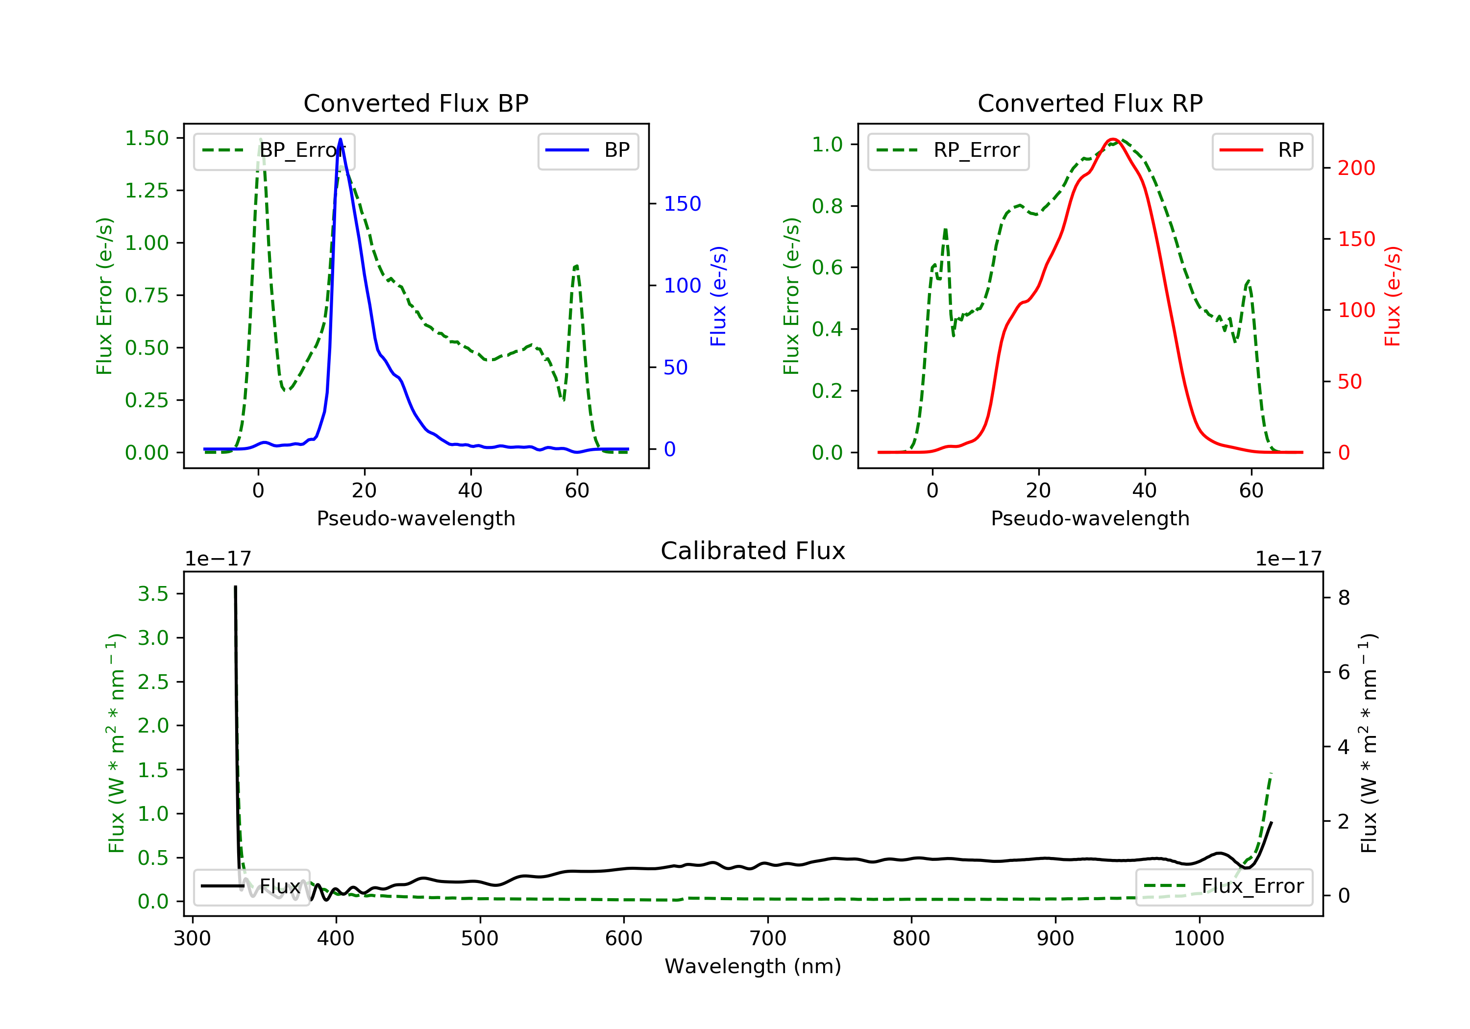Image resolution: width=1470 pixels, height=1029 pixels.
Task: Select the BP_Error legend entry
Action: [x=274, y=150]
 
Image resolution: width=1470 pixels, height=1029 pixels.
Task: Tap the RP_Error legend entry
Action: [x=948, y=150]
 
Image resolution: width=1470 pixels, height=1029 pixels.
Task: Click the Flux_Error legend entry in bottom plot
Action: [x=1224, y=886]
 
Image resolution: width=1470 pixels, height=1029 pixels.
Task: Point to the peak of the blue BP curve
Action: [x=340, y=139]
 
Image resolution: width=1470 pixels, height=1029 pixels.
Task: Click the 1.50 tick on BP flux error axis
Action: [x=147, y=138]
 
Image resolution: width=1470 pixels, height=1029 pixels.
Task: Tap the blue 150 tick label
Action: [x=682, y=204]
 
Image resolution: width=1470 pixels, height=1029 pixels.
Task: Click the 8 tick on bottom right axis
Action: [x=1344, y=598]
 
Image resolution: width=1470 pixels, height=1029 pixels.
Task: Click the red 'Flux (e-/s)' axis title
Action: [x=1393, y=296]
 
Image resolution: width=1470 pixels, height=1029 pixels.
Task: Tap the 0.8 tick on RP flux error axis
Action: [x=827, y=206]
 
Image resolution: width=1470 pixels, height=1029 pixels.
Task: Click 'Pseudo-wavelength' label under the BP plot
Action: [x=416, y=518]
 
